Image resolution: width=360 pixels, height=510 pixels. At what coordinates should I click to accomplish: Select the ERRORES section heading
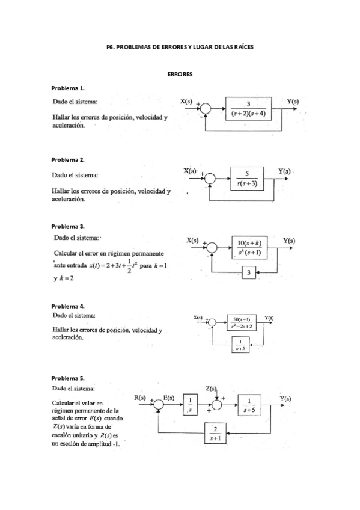click(180, 73)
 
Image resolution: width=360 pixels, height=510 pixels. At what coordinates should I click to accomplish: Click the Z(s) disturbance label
click(212, 389)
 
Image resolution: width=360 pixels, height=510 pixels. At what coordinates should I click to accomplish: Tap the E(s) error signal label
click(169, 398)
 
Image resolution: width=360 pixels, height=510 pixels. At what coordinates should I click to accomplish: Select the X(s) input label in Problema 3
click(193, 239)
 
